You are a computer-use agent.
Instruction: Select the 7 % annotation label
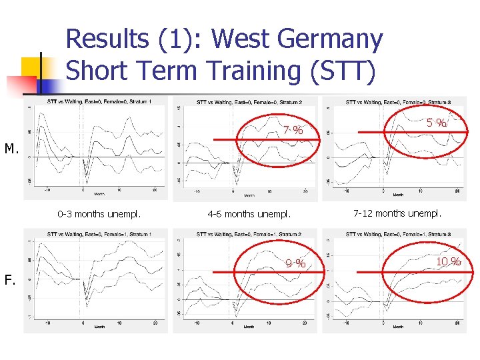point(293,130)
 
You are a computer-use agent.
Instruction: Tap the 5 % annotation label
point(437,123)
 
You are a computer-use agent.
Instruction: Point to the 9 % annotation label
point(295,264)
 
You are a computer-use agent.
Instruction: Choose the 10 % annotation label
point(449,261)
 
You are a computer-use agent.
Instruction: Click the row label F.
point(10,280)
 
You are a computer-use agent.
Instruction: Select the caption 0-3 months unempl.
point(99,214)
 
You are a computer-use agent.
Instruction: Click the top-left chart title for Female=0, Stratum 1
point(99,102)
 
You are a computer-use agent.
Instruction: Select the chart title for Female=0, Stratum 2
point(249,102)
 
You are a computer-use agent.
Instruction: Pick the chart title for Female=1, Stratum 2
point(249,234)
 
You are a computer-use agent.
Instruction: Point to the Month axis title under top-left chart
point(99,195)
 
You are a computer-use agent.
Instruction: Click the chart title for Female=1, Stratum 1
point(99,234)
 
